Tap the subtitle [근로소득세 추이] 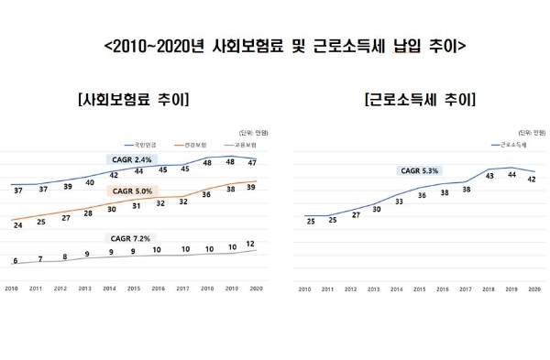pyautogui.click(x=420, y=99)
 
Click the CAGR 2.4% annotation pyautogui.click(x=133, y=158)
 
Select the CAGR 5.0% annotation pyautogui.click(x=133, y=191)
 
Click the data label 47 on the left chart pyautogui.click(x=252, y=162)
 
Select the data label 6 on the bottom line pyautogui.click(x=16, y=261)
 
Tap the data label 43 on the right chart pyautogui.click(x=490, y=175)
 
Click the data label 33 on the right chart pyautogui.click(x=399, y=202)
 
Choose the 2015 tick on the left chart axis pyautogui.click(x=133, y=289)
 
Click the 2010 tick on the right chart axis pyautogui.click(x=306, y=289)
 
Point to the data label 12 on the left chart pyautogui.click(x=252, y=245)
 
